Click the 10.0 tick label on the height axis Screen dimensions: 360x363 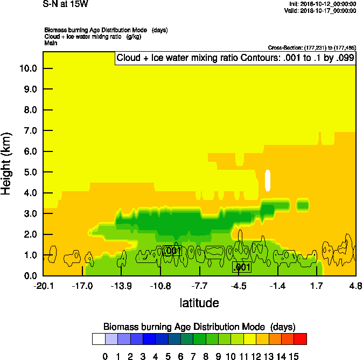28,68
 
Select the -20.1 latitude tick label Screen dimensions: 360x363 43,286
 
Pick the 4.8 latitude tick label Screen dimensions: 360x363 355,286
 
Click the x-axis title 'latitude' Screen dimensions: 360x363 199,303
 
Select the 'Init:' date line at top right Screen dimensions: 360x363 323,4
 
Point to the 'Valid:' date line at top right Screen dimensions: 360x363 323,10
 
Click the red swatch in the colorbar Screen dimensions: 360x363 301,338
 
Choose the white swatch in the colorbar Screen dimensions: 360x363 99,338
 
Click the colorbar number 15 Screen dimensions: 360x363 294,356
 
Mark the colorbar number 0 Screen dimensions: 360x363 105,356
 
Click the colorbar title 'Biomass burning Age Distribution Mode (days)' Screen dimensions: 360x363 199,327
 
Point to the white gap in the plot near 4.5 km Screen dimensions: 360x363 268,179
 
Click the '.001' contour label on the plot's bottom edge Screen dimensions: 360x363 241,267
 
